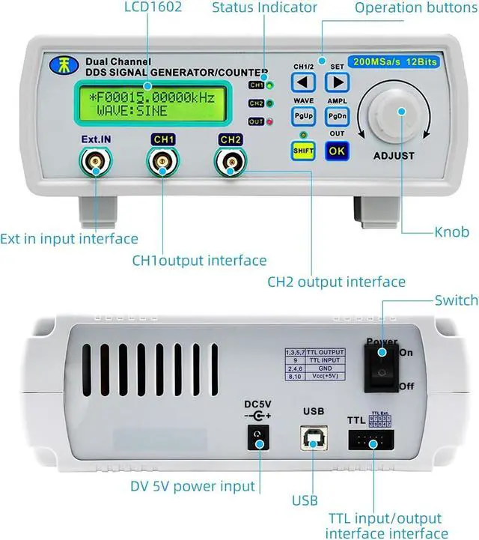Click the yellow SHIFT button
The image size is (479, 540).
coord(302,149)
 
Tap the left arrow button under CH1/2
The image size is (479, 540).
coord(303,82)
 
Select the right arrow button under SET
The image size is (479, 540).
coord(338,82)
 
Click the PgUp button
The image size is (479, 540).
coord(303,116)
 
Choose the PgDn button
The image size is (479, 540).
coord(337,116)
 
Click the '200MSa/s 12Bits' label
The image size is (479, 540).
coord(394,61)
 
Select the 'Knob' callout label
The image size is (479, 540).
coord(452,232)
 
